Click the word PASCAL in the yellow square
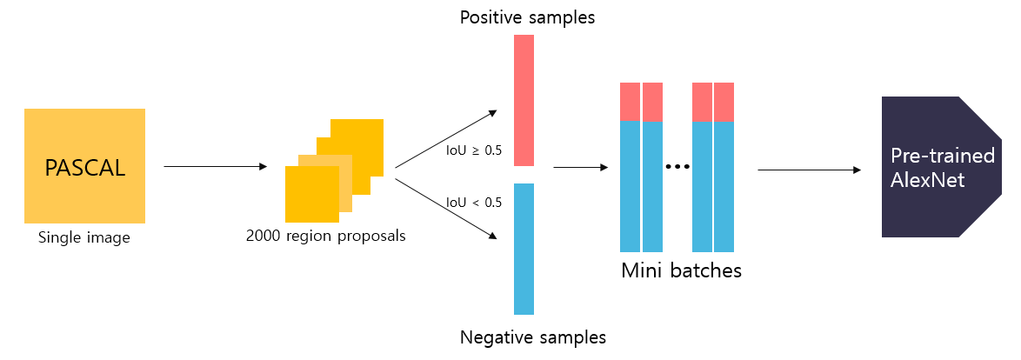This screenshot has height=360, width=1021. (x=85, y=167)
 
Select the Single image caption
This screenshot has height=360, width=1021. (x=83, y=237)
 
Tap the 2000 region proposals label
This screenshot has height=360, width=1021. (x=326, y=236)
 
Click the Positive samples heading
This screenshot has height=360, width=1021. (x=527, y=17)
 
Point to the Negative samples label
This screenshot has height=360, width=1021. (x=532, y=337)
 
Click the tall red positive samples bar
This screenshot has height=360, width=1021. (x=524, y=100)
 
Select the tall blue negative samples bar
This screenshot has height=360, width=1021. (x=524, y=248)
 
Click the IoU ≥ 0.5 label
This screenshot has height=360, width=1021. (x=474, y=150)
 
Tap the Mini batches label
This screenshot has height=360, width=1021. (x=681, y=270)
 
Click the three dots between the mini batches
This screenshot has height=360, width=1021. (x=677, y=166)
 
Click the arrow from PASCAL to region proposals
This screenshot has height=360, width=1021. (x=215, y=166)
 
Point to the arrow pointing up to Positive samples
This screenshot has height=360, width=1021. (x=445, y=139)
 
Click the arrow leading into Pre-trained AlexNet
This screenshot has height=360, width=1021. (x=810, y=170)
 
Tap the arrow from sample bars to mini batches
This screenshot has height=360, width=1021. (x=579, y=166)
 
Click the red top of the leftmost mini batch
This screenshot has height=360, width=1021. (x=630, y=102)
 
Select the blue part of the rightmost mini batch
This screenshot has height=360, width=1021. (x=724, y=187)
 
